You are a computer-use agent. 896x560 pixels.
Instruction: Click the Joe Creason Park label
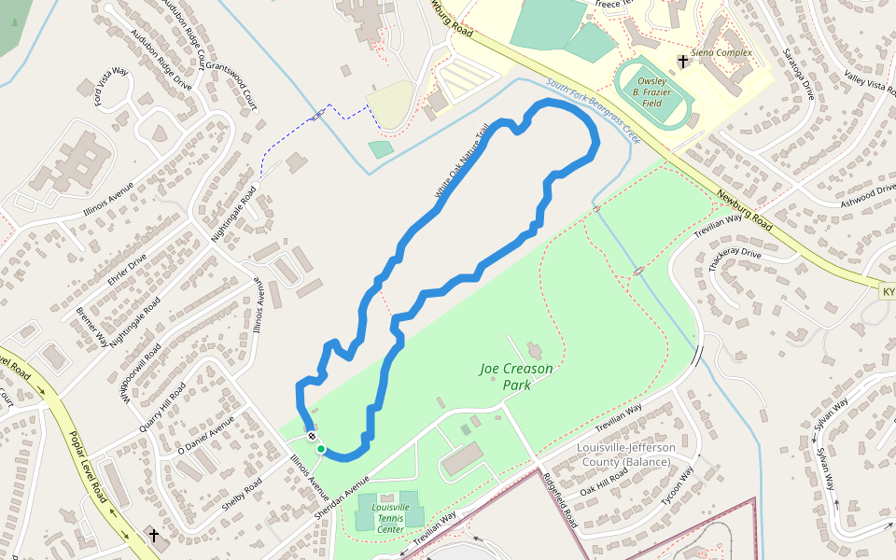pyautogui.click(x=516, y=376)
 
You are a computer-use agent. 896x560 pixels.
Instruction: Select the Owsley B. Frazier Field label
pyautogui.click(x=652, y=92)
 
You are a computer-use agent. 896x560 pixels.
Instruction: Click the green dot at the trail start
pyautogui.click(x=320, y=450)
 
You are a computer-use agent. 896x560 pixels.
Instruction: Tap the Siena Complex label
pyautogui.click(x=721, y=53)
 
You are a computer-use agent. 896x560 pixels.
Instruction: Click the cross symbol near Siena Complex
pyautogui.click(x=683, y=62)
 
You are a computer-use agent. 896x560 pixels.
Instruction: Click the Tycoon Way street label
pyautogui.click(x=679, y=485)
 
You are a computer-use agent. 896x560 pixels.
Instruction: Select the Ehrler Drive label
pyautogui.click(x=129, y=270)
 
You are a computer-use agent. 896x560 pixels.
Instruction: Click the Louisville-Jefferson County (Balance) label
pyautogui.click(x=625, y=455)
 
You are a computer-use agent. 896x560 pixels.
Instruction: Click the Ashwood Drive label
pyautogui.click(x=867, y=195)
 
